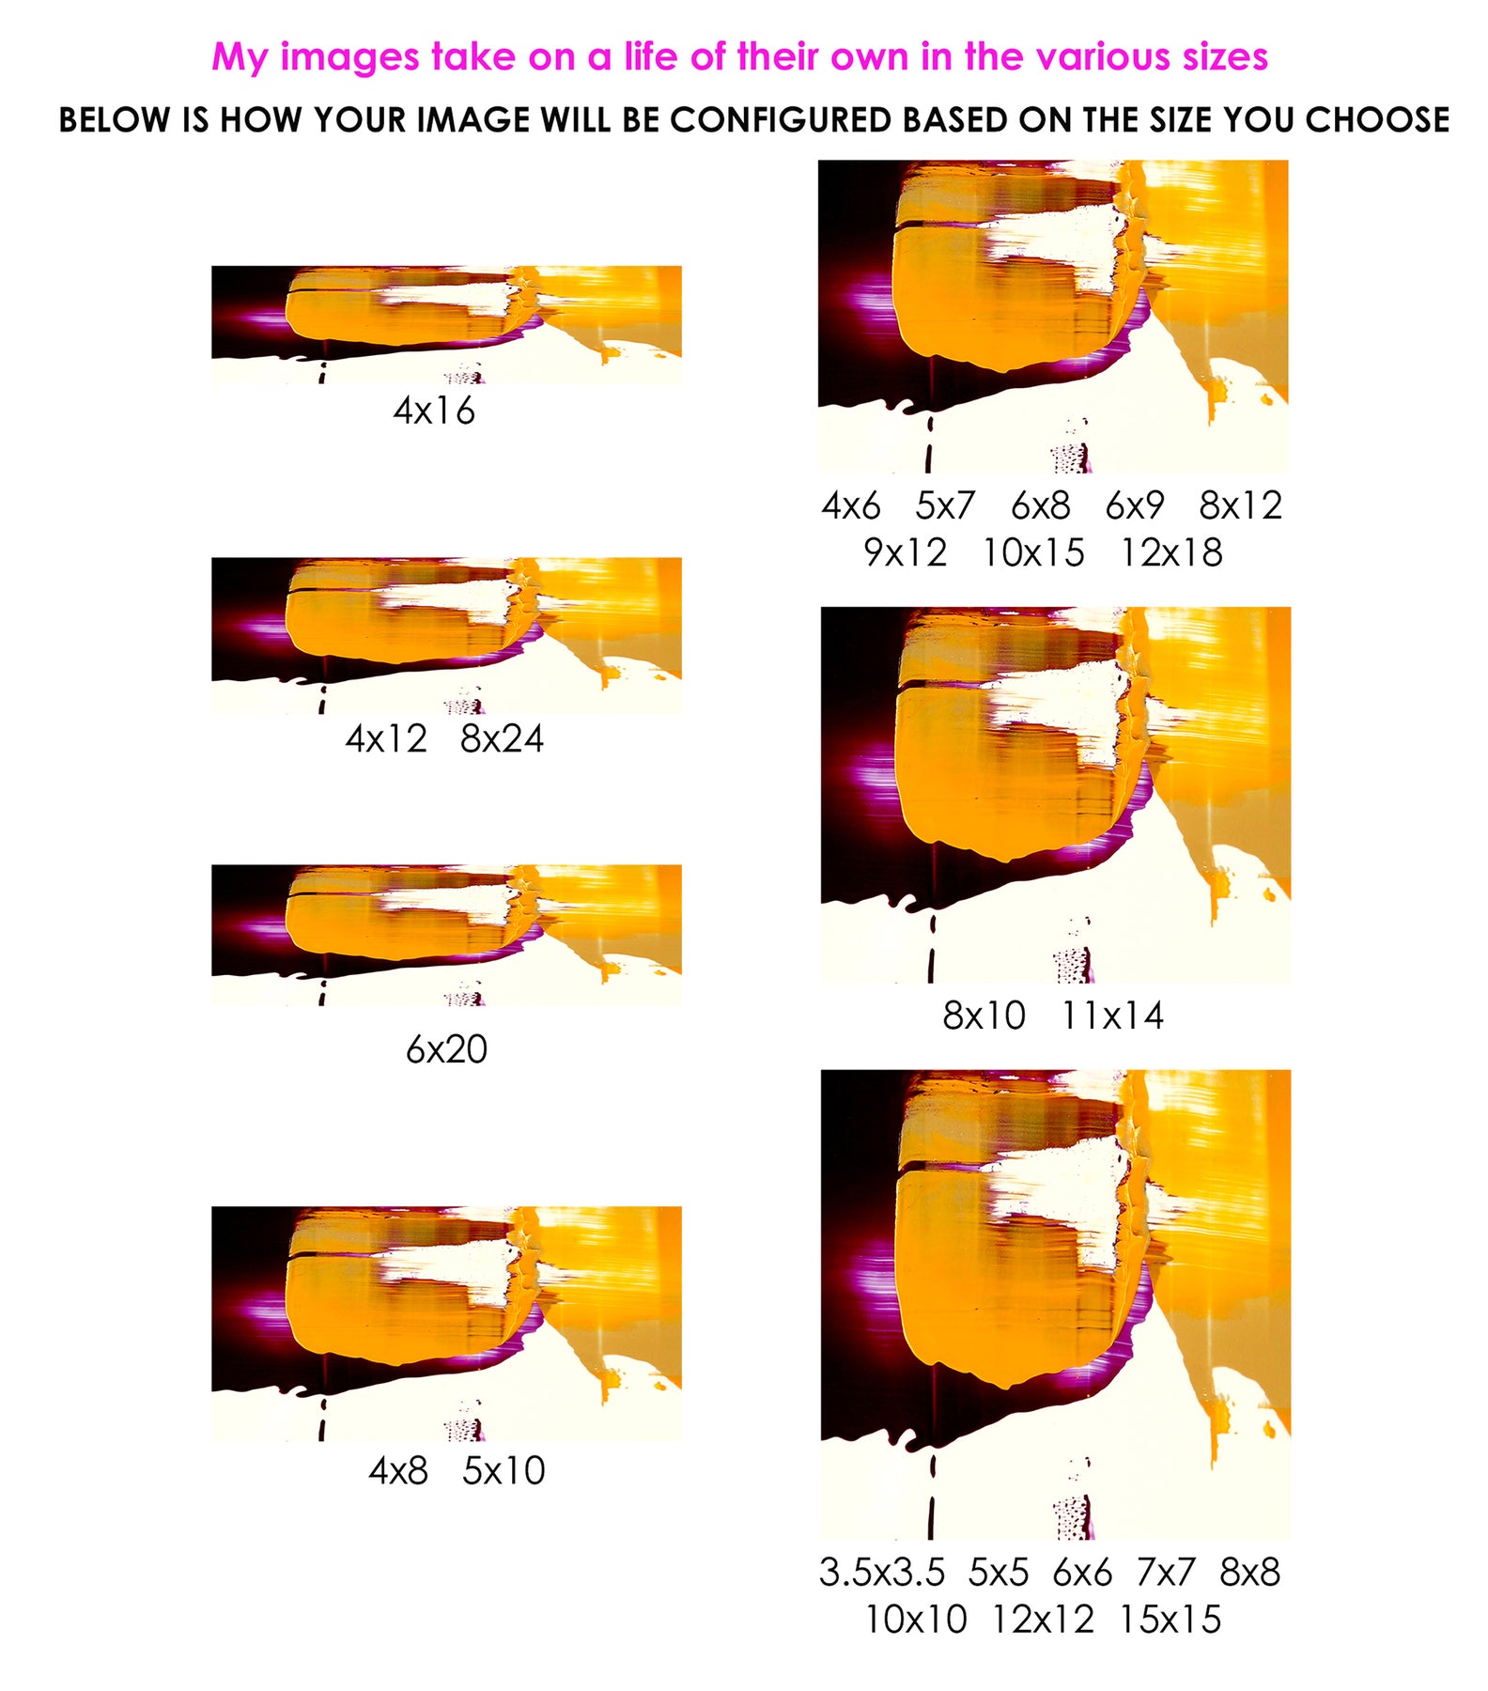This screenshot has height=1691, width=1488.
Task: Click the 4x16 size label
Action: point(434,411)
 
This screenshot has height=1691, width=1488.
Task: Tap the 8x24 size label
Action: point(502,738)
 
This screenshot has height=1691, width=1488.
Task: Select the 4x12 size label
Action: point(386,738)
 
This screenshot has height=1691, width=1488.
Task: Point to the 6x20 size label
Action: point(446,1048)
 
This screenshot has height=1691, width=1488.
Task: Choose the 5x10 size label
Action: point(504,1470)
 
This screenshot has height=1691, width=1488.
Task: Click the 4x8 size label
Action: point(398,1470)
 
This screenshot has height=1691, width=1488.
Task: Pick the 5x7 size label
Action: point(945,505)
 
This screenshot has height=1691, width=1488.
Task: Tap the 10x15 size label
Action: point(1033,552)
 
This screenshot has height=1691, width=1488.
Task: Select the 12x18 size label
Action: point(1171,552)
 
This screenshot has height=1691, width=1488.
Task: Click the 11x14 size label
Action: point(1112,1016)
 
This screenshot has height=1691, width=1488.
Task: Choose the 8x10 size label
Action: point(984,1016)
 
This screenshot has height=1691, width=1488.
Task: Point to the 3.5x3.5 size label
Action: point(882,1572)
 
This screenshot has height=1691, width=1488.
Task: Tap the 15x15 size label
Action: point(1170,1619)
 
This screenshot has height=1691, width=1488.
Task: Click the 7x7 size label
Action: point(1166,1572)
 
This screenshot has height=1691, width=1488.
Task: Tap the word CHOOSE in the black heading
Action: point(1378,120)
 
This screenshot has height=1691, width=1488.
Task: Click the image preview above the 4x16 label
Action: point(446,324)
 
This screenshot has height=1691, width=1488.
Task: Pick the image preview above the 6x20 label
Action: point(446,936)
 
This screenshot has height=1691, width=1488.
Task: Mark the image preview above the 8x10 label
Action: point(1056,795)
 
